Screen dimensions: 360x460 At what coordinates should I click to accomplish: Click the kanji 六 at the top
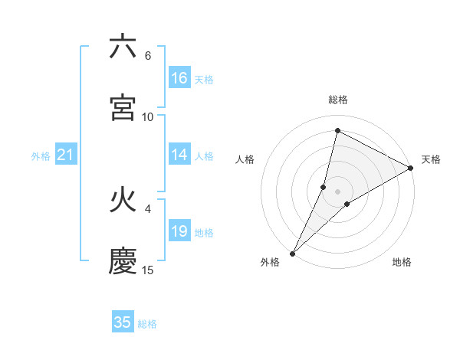click(123, 47)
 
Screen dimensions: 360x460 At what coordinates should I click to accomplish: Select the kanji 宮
click(123, 108)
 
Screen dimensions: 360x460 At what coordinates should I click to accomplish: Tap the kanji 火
click(123, 201)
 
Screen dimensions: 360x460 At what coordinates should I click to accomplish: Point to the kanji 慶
click(123, 261)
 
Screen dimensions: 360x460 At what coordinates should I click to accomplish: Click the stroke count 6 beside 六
click(147, 56)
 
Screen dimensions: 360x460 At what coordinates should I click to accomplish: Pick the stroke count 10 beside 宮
click(147, 116)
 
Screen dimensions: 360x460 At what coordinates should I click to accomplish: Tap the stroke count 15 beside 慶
click(147, 270)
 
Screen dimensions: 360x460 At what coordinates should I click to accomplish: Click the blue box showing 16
click(179, 77)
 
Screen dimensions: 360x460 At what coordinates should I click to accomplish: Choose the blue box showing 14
click(179, 154)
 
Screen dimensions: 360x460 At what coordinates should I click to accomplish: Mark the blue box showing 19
click(179, 231)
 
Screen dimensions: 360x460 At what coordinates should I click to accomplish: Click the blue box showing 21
click(66, 155)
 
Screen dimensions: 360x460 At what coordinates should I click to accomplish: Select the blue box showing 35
click(123, 322)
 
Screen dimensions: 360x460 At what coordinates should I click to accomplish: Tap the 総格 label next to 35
click(147, 324)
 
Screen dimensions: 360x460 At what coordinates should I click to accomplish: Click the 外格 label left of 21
click(41, 156)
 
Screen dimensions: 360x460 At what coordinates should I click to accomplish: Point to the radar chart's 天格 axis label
click(431, 159)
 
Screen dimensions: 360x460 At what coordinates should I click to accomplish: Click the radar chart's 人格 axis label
click(245, 159)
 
